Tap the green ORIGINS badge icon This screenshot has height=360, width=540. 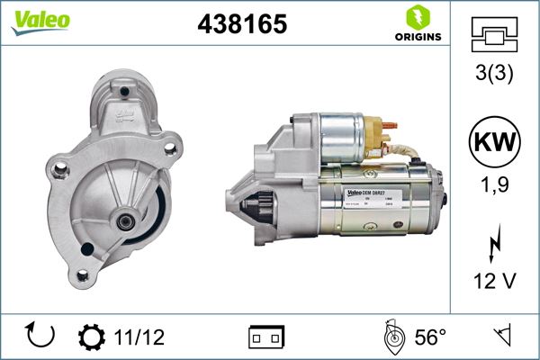point(417,16)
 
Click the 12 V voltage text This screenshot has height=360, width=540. point(495,282)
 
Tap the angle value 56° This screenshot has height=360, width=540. point(430,337)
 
